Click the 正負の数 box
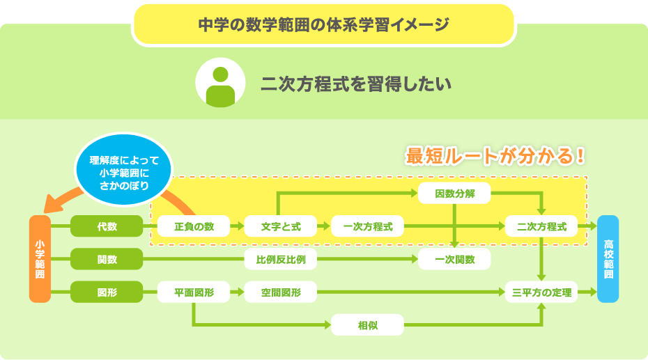click(194, 226)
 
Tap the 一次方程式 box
click(367, 226)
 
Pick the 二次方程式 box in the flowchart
click(541, 226)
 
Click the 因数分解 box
click(454, 194)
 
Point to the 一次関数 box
click(454, 260)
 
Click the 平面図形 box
click(194, 292)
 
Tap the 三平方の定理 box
click(541, 292)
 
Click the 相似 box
click(367, 325)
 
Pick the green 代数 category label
click(107, 226)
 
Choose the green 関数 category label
click(107, 260)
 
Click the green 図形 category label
click(107, 292)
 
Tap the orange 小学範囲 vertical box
click(40, 259)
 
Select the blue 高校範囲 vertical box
click(608, 259)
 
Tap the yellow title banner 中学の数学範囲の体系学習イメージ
click(323, 24)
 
